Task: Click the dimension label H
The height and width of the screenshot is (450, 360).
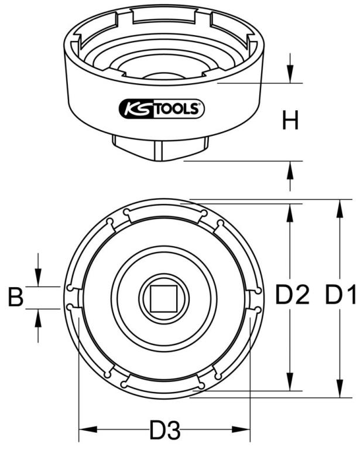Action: click(x=290, y=121)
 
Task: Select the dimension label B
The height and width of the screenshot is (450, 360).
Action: click(x=15, y=297)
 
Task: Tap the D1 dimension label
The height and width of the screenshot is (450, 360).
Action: click(x=340, y=295)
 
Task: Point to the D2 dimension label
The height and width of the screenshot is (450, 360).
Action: click(x=292, y=295)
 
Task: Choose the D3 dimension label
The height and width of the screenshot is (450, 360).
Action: click(x=165, y=429)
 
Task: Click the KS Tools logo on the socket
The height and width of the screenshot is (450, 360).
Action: click(x=162, y=108)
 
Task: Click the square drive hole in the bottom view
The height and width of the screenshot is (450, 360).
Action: click(x=164, y=298)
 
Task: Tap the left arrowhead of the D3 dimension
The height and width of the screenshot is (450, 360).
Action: click(x=88, y=429)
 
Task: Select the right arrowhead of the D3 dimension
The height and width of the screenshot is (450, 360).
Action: click(x=241, y=429)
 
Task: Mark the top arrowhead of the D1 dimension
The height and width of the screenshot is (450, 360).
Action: click(x=340, y=209)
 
